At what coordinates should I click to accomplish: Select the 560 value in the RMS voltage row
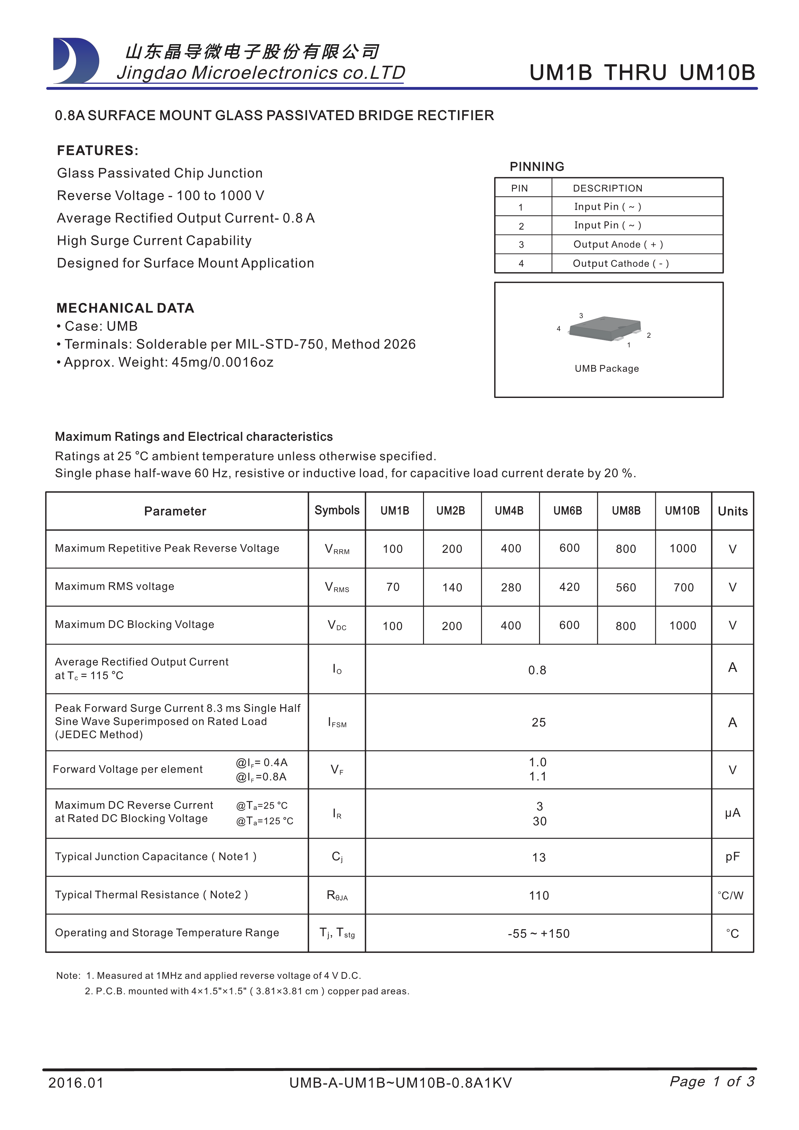pyautogui.click(x=625, y=587)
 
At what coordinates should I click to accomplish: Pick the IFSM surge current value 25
pyautogui.click(x=538, y=722)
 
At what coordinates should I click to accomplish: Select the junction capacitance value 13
pyautogui.click(x=538, y=858)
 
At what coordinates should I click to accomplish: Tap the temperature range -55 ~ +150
pyautogui.click(x=538, y=934)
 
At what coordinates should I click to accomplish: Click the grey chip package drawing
pyautogui.click(x=605, y=328)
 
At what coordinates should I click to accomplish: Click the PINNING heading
pyautogui.click(x=537, y=167)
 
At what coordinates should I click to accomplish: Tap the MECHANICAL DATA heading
pyautogui.click(x=125, y=308)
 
